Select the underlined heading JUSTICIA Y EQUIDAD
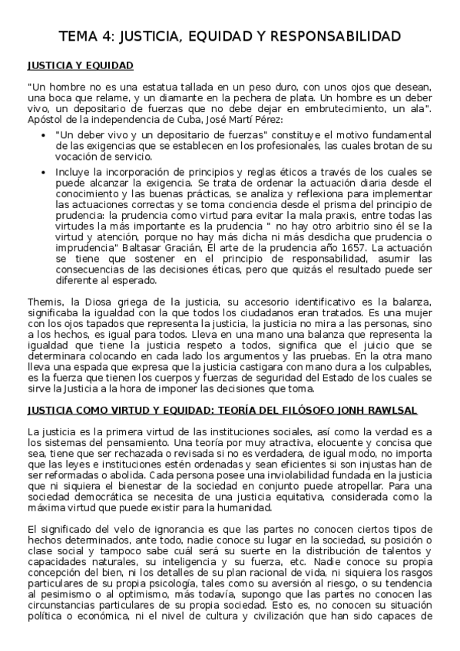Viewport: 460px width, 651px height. [80, 65]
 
